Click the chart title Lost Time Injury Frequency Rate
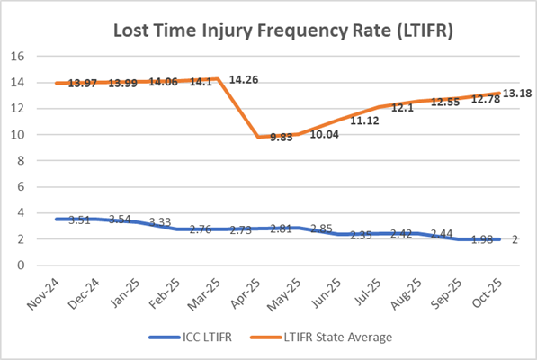pyautogui.click(x=282, y=30)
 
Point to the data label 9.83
pyautogui.click(x=285, y=138)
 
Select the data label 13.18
pyautogui.click(x=515, y=93)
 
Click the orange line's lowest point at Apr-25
pyautogui.click(x=258, y=137)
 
